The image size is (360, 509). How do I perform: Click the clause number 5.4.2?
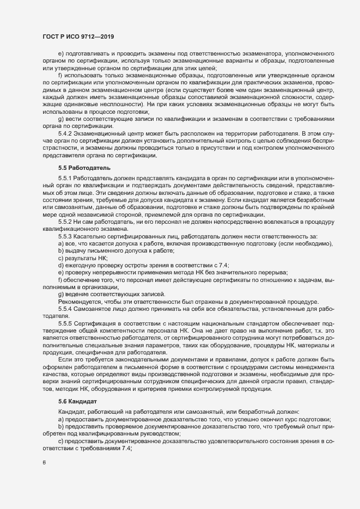pos(65,133)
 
